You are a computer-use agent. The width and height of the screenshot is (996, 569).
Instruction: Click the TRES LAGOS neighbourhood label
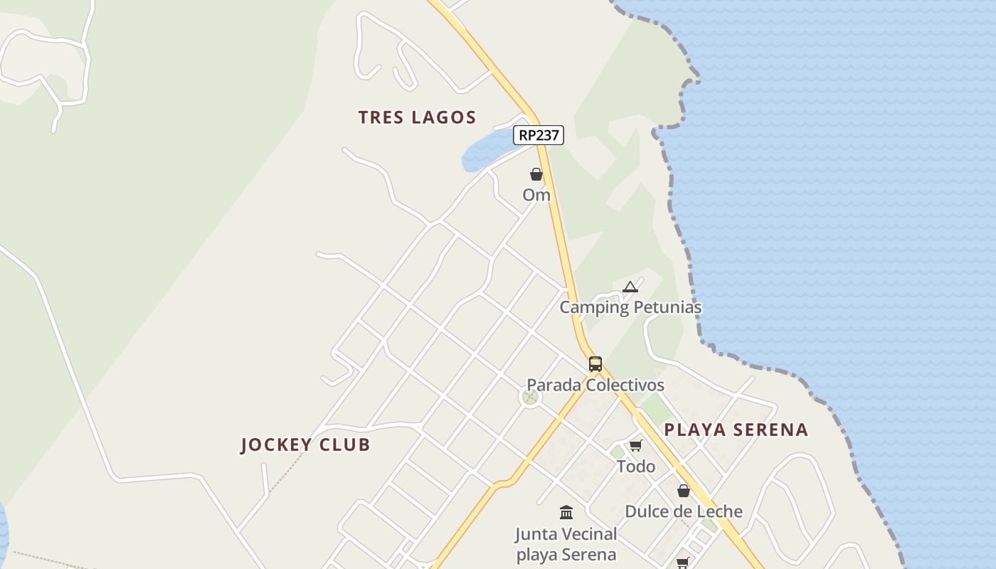pyautogui.click(x=417, y=117)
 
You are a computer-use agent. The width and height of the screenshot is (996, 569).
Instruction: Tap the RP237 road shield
pyautogui.click(x=539, y=135)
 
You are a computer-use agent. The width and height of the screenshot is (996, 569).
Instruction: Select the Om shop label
pyautogui.click(x=536, y=195)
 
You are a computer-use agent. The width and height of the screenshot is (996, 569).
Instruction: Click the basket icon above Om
pyautogui.click(x=536, y=174)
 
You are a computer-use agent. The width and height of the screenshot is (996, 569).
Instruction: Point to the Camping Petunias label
pyautogui.click(x=630, y=308)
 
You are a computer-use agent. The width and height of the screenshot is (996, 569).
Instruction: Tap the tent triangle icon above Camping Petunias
pyautogui.click(x=630, y=287)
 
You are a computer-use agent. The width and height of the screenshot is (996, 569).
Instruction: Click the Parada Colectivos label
pyautogui.click(x=595, y=385)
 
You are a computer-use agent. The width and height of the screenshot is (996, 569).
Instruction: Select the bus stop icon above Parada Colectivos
pyautogui.click(x=595, y=364)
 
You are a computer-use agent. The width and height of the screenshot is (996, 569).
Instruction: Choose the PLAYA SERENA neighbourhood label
pyautogui.click(x=736, y=430)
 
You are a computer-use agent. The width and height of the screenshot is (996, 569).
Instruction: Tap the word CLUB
pyautogui.click(x=344, y=445)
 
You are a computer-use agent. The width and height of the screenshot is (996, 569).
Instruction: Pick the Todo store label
pyautogui.click(x=635, y=467)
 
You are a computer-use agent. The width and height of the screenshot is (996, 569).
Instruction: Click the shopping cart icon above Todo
pyautogui.click(x=635, y=446)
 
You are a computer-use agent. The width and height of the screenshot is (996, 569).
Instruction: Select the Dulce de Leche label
pyautogui.click(x=684, y=511)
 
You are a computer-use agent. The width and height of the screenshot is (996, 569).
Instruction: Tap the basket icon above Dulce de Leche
pyautogui.click(x=684, y=491)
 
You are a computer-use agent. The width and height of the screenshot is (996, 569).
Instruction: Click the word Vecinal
pyautogui.click(x=586, y=533)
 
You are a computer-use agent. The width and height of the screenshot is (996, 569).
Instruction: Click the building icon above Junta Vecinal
pyautogui.click(x=566, y=512)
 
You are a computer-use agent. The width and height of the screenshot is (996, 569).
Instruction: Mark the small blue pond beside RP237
pyautogui.click(x=485, y=151)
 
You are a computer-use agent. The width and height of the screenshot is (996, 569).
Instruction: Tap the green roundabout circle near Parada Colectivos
pyautogui.click(x=529, y=397)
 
